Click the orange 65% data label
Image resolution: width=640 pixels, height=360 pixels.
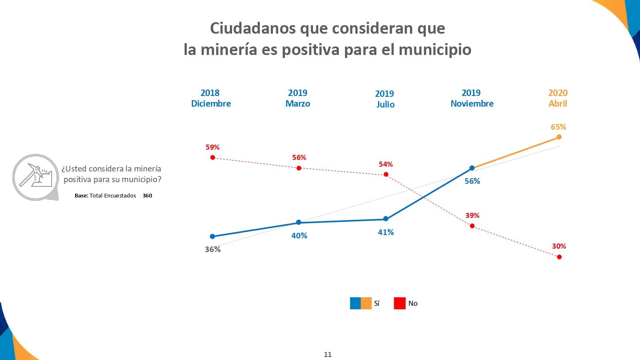click(x=558, y=127)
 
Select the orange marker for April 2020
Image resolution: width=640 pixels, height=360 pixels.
click(x=559, y=137)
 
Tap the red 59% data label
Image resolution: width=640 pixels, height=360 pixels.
click(x=212, y=147)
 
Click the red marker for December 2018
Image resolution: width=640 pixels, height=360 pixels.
click(x=212, y=157)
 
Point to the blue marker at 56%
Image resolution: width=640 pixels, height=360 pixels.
click(x=472, y=168)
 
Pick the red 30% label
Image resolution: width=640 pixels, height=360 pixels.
click(x=559, y=246)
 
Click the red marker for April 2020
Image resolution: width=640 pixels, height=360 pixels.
click(x=559, y=257)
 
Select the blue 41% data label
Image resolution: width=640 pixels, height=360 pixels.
click(x=386, y=232)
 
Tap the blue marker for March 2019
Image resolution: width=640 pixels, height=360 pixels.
click(x=299, y=222)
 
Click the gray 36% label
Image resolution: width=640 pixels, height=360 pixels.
click(x=212, y=249)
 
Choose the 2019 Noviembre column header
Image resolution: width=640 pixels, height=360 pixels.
click(x=472, y=98)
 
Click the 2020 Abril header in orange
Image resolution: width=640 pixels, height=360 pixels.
click(x=558, y=98)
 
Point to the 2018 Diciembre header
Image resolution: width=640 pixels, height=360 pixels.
click(x=211, y=98)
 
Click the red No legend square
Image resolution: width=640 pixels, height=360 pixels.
click(x=400, y=303)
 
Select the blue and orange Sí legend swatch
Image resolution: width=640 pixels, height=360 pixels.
click(x=361, y=303)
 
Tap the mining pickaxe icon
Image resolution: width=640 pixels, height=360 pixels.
click(x=36, y=177)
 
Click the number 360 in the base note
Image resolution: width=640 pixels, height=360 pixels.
click(x=147, y=196)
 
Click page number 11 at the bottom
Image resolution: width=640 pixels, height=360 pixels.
click(x=328, y=354)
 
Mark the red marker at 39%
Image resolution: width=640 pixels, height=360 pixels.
click(x=472, y=226)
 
